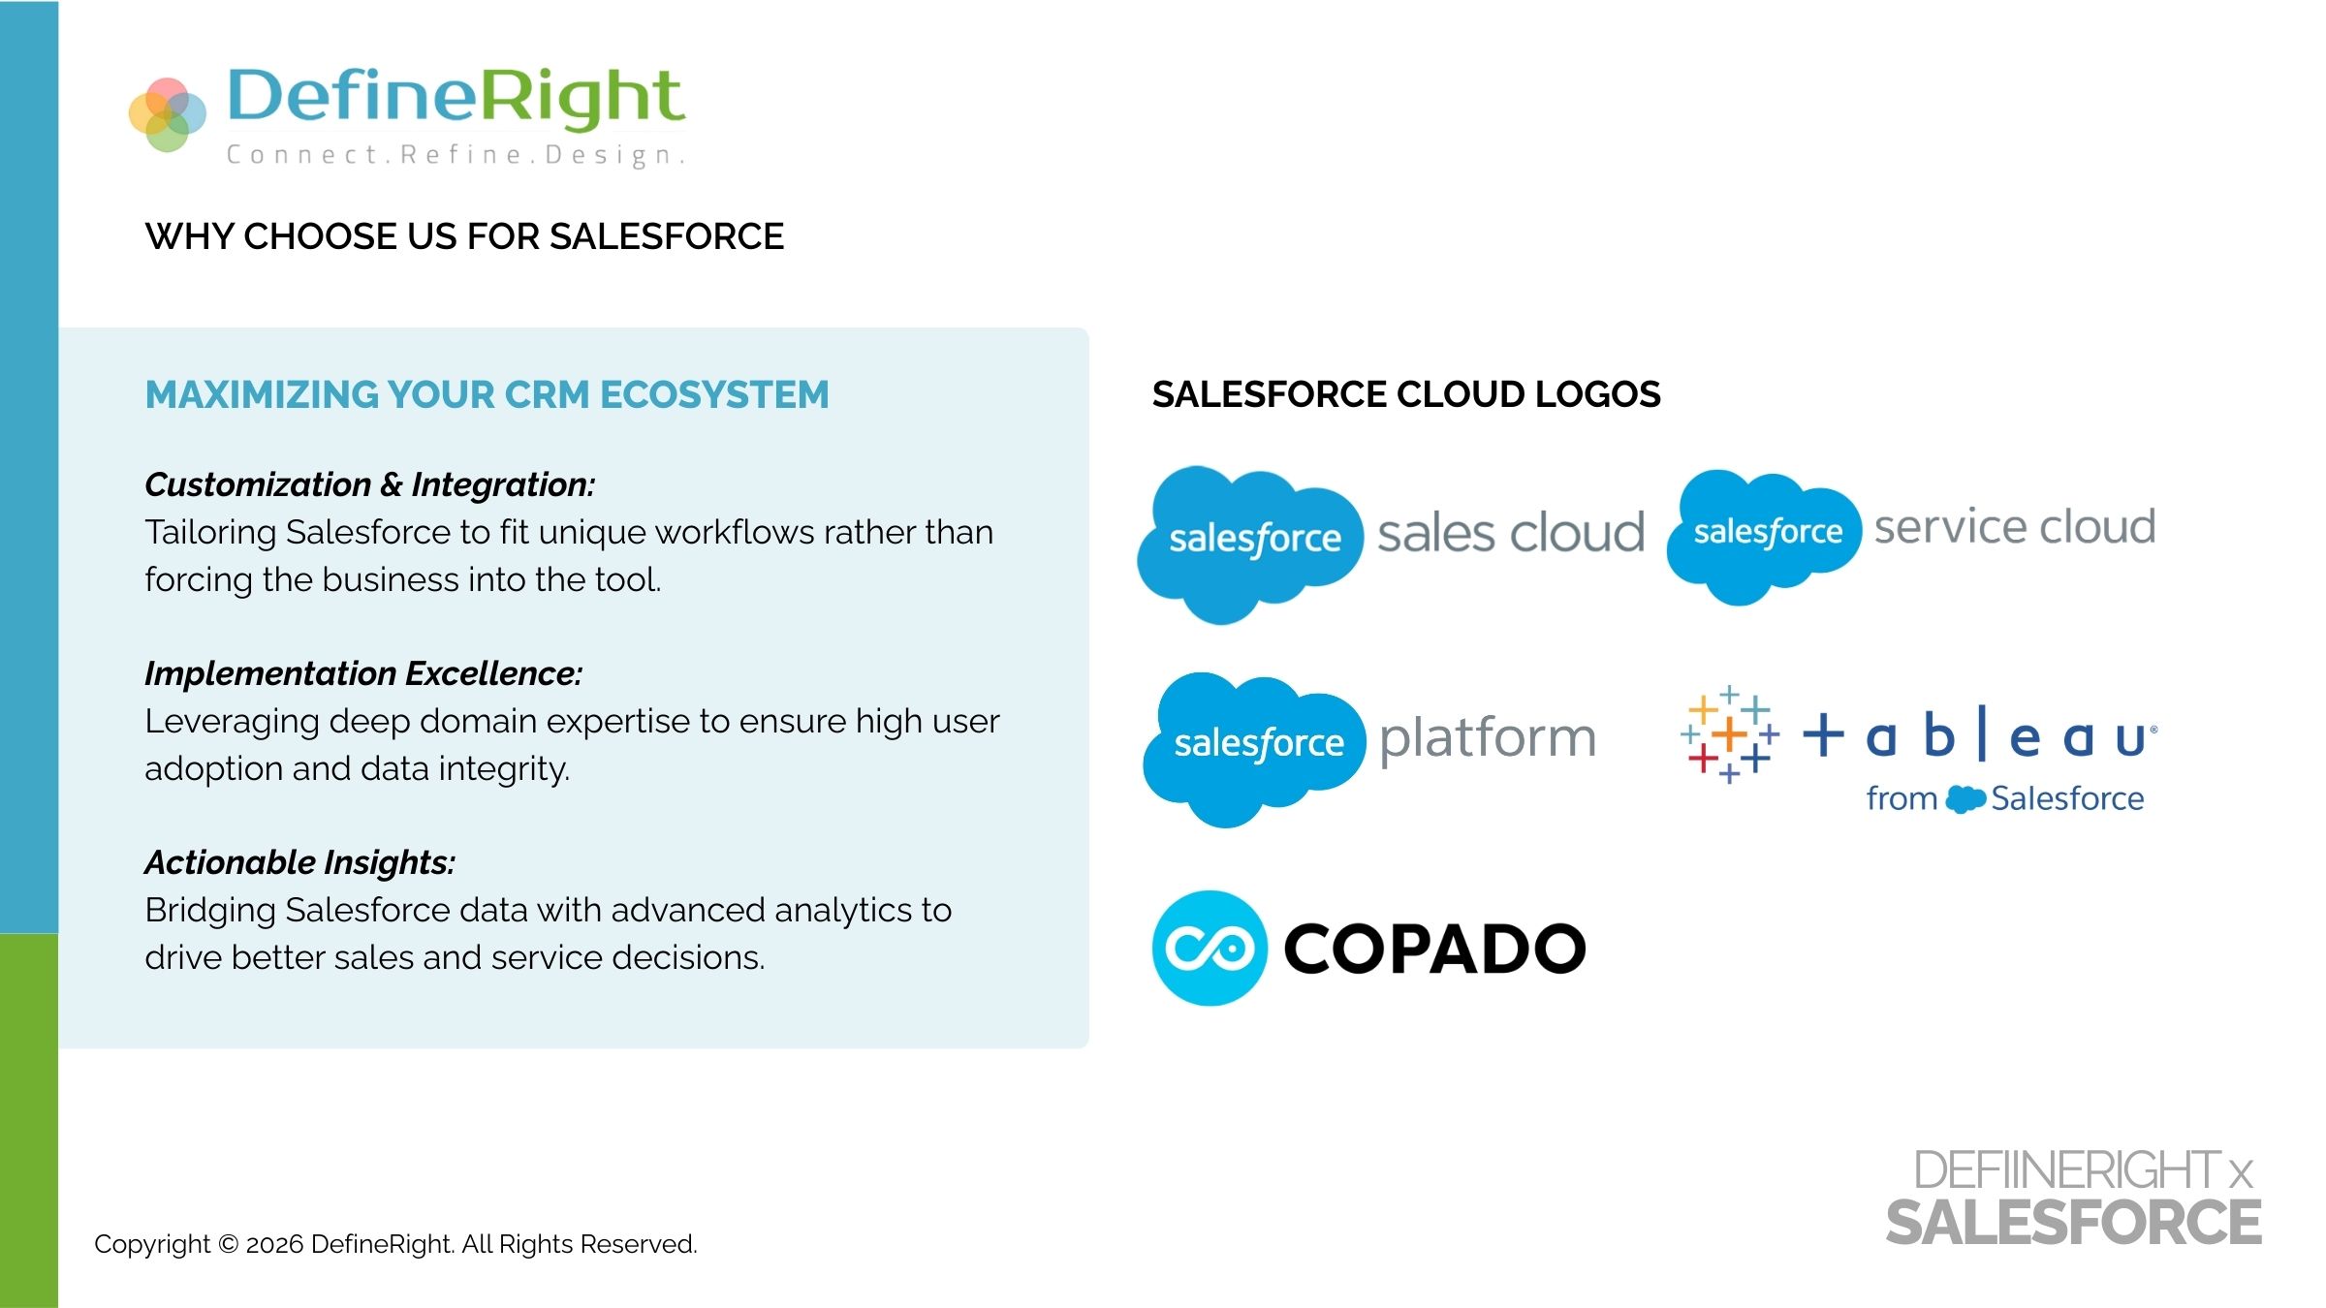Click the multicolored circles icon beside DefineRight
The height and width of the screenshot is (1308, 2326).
(168, 115)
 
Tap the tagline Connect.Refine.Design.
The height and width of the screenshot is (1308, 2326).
(456, 155)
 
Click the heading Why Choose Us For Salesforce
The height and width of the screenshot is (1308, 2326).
(464, 236)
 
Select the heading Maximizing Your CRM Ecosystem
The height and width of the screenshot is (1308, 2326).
(487, 394)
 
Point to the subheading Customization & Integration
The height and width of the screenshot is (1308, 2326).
(370, 484)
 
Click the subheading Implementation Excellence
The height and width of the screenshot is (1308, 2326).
(363, 673)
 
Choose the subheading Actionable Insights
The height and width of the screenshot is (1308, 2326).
(299, 862)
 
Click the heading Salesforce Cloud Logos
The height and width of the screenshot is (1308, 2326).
(1406, 394)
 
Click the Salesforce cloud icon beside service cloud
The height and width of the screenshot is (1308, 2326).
(1764, 537)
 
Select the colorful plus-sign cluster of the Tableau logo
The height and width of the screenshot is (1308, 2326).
(1730, 734)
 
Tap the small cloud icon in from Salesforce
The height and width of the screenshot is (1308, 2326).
(1965, 799)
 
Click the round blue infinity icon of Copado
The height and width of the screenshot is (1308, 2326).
(1210, 948)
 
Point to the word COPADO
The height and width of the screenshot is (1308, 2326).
(1434, 949)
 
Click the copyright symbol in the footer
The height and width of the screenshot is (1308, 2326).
(228, 1244)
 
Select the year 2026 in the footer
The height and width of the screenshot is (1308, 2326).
(274, 1244)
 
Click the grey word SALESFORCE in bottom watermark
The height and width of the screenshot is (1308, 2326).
(2074, 1223)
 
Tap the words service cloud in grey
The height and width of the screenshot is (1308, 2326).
(2015, 527)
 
